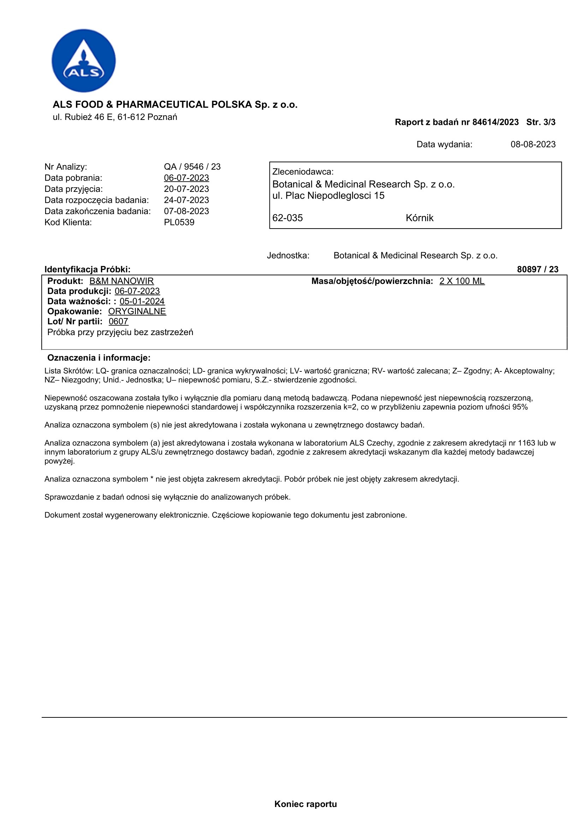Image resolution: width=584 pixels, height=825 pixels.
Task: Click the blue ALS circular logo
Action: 83,61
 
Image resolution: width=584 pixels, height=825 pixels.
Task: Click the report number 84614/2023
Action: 495,122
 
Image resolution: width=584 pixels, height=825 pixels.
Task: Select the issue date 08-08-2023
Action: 533,145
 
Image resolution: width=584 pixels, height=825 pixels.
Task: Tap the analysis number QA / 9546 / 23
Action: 192,167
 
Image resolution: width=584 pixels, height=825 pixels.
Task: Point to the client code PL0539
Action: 179,223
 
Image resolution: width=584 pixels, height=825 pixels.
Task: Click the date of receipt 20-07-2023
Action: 186,189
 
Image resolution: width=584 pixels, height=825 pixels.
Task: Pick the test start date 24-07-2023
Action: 186,200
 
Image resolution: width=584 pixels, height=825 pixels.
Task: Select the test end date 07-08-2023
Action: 186,211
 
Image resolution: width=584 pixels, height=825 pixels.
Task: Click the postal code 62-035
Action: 287,218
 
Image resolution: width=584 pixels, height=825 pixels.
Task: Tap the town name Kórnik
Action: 419,218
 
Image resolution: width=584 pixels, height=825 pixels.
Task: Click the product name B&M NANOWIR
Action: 121,281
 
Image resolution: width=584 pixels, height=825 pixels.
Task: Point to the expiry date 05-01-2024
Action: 142,301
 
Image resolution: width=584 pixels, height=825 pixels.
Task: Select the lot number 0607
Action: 118,322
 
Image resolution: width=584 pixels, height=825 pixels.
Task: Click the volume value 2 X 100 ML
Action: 462,281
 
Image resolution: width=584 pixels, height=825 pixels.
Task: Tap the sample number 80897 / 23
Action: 538,269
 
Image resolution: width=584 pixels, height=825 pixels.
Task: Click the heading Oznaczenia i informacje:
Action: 99,358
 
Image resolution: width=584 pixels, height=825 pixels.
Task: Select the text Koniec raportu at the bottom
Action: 306,804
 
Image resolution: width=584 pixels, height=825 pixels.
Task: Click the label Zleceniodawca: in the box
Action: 303,172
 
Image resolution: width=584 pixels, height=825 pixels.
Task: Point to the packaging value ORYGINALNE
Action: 137,311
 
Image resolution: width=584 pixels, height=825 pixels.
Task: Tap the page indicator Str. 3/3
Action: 541,122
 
